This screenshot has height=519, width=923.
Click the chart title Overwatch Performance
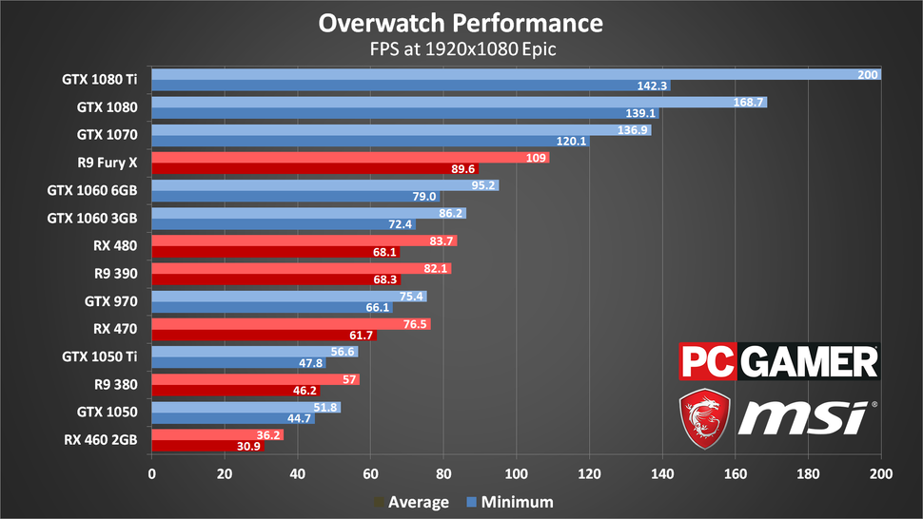point(461,22)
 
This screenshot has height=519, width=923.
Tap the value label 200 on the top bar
point(867,74)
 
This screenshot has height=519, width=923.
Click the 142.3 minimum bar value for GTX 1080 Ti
point(653,86)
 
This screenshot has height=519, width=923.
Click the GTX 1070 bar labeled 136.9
point(401,129)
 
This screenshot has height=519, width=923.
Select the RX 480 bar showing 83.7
point(304,240)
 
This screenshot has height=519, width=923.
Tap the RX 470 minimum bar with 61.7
point(264,335)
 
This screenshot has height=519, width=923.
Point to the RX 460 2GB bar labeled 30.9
point(207,446)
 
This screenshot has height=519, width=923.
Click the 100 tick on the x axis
point(516,472)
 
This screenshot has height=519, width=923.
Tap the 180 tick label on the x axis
point(808,472)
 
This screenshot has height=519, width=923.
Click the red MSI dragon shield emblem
point(703,418)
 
